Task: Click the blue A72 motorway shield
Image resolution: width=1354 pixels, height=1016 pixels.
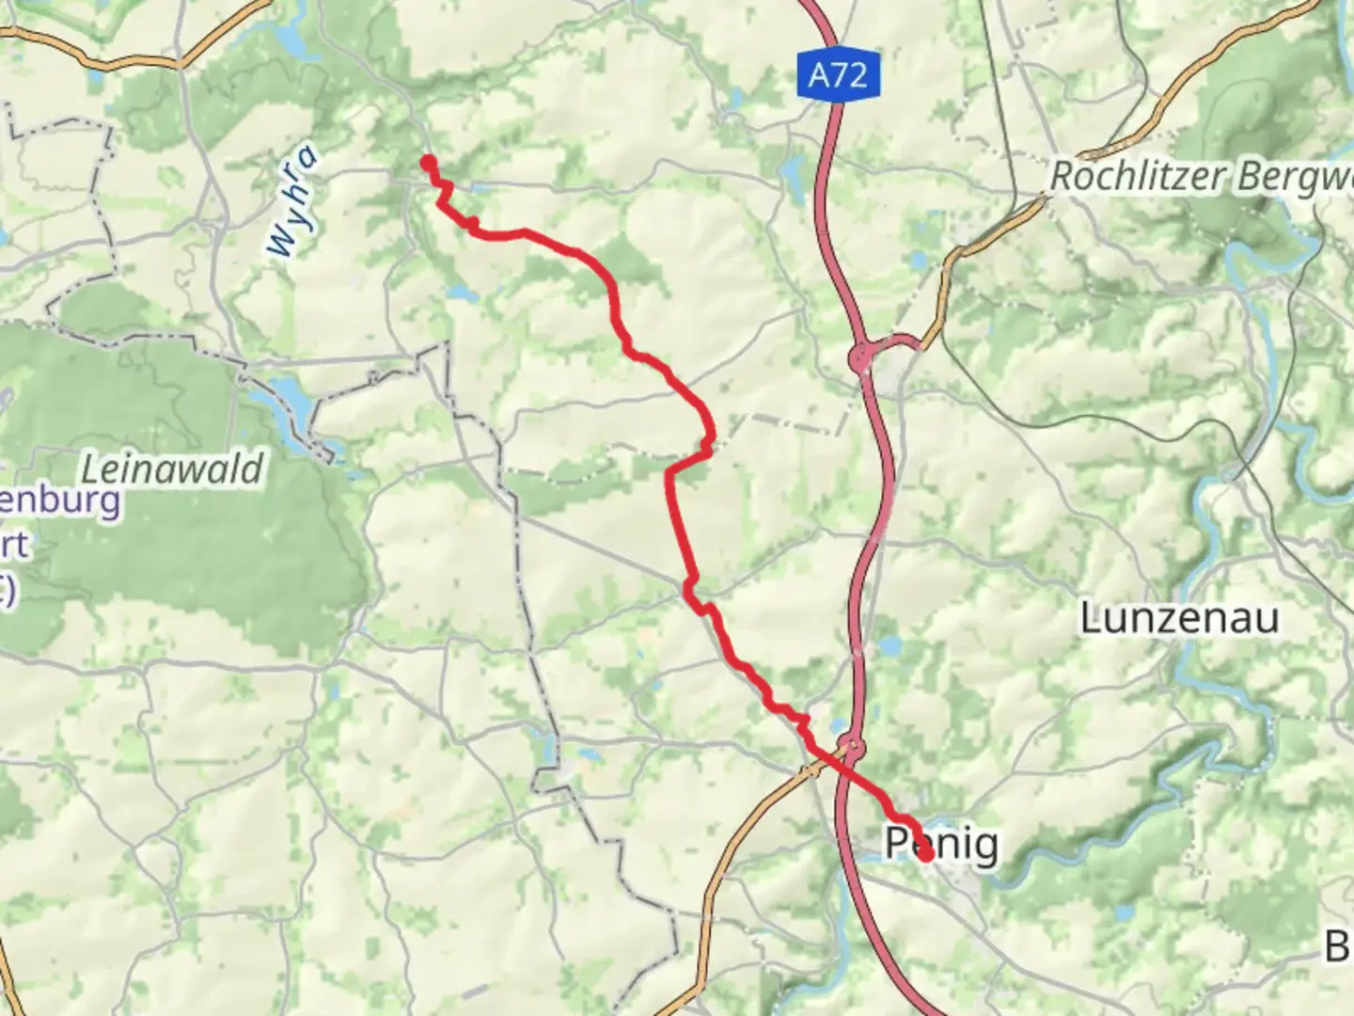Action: tap(838, 74)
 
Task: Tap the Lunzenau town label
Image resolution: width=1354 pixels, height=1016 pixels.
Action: tap(1179, 618)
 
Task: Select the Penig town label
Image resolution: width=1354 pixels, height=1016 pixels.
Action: tap(941, 843)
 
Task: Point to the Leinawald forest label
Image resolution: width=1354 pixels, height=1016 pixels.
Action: tap(172, 468)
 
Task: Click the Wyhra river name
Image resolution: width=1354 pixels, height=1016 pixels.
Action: tap(291, 203)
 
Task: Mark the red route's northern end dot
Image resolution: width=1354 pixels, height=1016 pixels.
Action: tap(429, 163)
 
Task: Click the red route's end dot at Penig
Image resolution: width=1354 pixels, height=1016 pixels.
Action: tap(925, 854)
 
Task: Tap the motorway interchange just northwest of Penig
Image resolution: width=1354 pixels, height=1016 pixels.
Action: tap(850, 748)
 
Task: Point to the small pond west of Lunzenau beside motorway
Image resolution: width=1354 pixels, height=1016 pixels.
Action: tap(886, 647)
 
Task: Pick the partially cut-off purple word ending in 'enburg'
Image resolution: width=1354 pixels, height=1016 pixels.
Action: tap(60, 500)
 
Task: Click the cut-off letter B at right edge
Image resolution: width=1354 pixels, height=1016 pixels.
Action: tap(1339, 945)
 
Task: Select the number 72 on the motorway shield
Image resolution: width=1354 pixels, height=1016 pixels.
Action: tap(850, 74)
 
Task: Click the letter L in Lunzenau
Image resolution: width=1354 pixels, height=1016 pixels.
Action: tap(1091, 618)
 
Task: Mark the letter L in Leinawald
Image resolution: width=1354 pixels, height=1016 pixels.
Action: tap(90, 468)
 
